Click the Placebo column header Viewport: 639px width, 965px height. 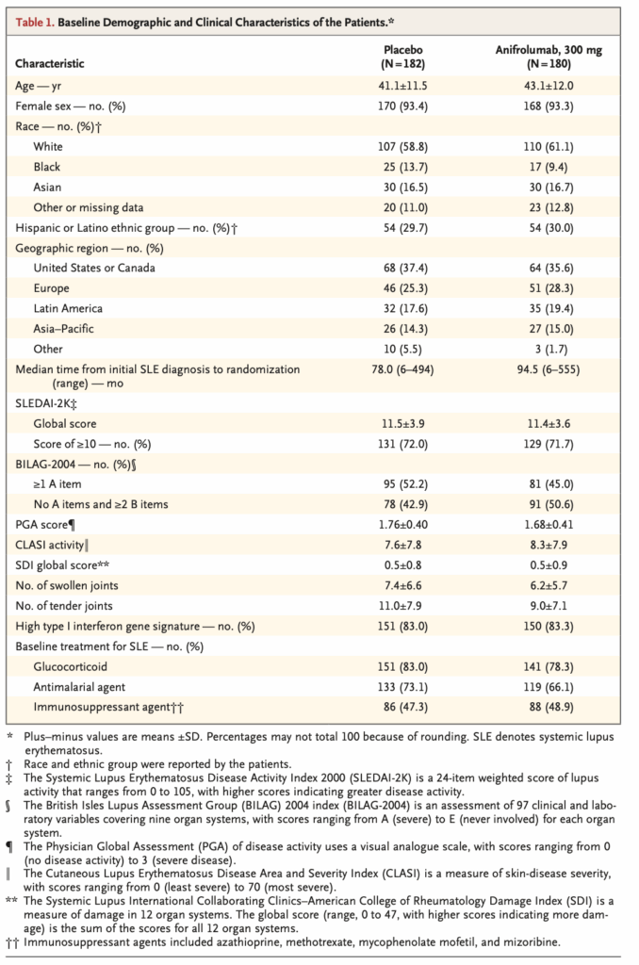[x=403, y=55]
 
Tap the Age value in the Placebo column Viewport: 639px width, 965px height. [x=403, y=85]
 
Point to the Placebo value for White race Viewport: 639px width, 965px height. [x=403, y=146]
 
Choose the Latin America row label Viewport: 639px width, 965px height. [x=68, y=308]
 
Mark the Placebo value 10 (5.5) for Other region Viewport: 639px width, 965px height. [x=403, y=349]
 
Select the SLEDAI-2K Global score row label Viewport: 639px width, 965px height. [x=64, y=424]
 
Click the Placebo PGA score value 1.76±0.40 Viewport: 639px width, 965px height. [x=403, y=525]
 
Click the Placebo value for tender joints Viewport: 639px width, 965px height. [x=403, y=606]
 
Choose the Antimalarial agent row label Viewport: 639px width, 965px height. [x=79, y=686]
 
